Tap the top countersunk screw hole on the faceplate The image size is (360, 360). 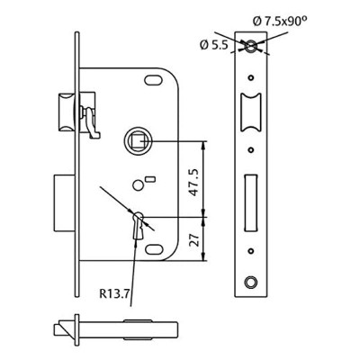click(251, 47)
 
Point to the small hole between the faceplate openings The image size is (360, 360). click(251, 151)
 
